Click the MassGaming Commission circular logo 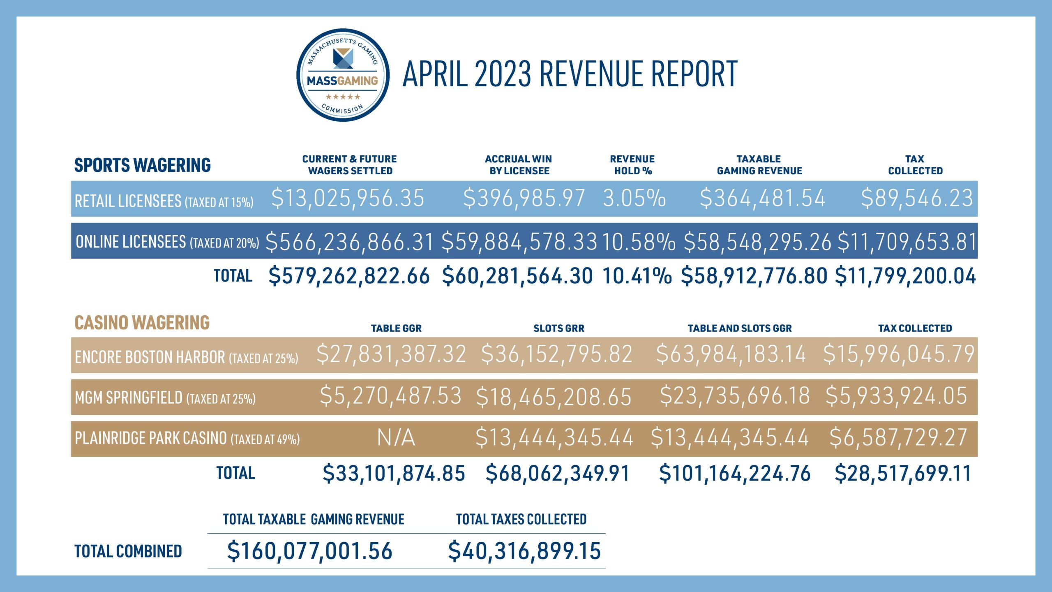343,75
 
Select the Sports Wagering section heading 142,165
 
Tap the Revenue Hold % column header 632,165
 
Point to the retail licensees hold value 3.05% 634,198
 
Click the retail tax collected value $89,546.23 917,198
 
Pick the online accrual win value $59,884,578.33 519,242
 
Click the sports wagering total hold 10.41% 637,276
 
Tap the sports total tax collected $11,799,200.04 905,276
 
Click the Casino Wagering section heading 142,323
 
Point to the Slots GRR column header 558,328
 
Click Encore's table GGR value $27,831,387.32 391,354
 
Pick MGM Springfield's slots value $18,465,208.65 554,397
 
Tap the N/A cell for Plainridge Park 396,437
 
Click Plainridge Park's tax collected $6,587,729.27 898,437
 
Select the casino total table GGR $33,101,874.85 394,473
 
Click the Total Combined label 128,551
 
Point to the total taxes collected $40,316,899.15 524,551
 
